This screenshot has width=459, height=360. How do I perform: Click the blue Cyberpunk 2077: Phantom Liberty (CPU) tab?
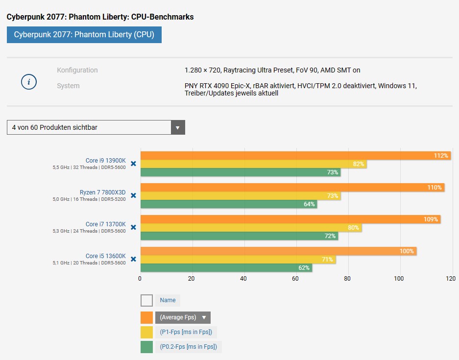point(84,35)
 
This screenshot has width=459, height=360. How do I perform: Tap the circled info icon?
point(29,82)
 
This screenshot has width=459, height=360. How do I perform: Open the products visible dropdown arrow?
point(178,127)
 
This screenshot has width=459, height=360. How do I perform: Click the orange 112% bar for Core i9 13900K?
point(294,156)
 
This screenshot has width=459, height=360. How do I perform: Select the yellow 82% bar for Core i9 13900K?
point(252,164)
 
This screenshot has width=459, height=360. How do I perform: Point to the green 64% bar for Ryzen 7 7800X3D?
point(228,204)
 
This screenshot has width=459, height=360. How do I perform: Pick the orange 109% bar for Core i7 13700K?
point(289,219)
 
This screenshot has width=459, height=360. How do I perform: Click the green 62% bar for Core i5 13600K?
point(225,268)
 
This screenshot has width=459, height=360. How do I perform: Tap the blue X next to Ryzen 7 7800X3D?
point(133,195)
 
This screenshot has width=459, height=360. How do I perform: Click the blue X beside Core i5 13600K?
point(133,259)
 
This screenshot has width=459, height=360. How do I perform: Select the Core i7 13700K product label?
point(105,224)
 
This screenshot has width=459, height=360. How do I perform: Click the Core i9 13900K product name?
point(105,161)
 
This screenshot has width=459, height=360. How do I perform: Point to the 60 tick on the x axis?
point(295,279)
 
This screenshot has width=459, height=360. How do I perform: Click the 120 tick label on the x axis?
point(451,279)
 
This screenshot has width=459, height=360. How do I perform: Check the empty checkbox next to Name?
point(146,300)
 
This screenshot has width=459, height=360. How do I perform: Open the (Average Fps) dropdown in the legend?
point(183,317)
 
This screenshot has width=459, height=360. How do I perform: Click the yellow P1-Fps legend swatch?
point(146,333)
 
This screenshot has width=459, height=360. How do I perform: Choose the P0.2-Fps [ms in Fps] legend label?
point(189,347)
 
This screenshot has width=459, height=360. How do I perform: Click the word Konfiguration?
point(77,70)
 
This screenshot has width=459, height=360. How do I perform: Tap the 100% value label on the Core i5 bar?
point(407,251)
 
